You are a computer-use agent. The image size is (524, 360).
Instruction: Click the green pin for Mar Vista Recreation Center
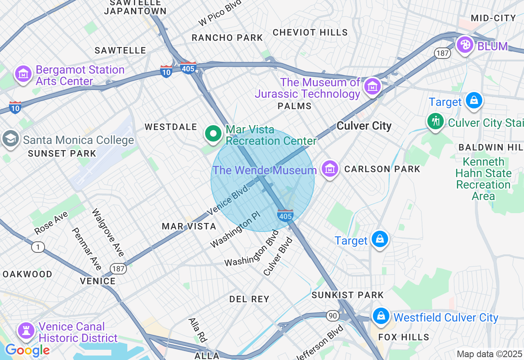pyautogui.click(x=213, y=134)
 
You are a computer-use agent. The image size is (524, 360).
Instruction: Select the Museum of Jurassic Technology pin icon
pyautogui.click(x=373, y=87)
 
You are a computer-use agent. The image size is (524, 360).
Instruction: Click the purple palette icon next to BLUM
pyautogui.click(x=465, y=45)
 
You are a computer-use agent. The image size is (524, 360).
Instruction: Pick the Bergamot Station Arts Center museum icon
pyautogui.click(x=23, y=74)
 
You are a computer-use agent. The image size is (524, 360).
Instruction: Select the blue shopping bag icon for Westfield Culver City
pyautogui.click(x=381, y=316)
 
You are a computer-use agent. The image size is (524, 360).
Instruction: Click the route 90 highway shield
pyautogui.click(x=333, y=315)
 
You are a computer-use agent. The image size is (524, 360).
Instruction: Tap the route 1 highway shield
pyautogui.click(x=38, y=247)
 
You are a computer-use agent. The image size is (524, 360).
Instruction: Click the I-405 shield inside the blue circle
pyautogui.click(x=285, y=216)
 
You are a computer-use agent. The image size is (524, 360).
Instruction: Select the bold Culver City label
pyautogui.click(x=364, y=126)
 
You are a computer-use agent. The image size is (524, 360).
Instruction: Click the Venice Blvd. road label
pyautogui.click(x=228, y=200)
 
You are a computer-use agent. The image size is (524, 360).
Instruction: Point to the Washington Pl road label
pyautogui.click(x=235, y=232)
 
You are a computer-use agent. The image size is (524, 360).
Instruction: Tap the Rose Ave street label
pyautogui.click(x=51, y=223)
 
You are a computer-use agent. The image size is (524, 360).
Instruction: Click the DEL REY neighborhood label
pyautogui.click(x=249, y=299)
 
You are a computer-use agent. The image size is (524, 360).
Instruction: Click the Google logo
pyautogui.click(x=27, y=350)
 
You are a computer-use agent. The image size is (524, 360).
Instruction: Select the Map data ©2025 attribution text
pyautogui.click(x=489, y=354)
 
